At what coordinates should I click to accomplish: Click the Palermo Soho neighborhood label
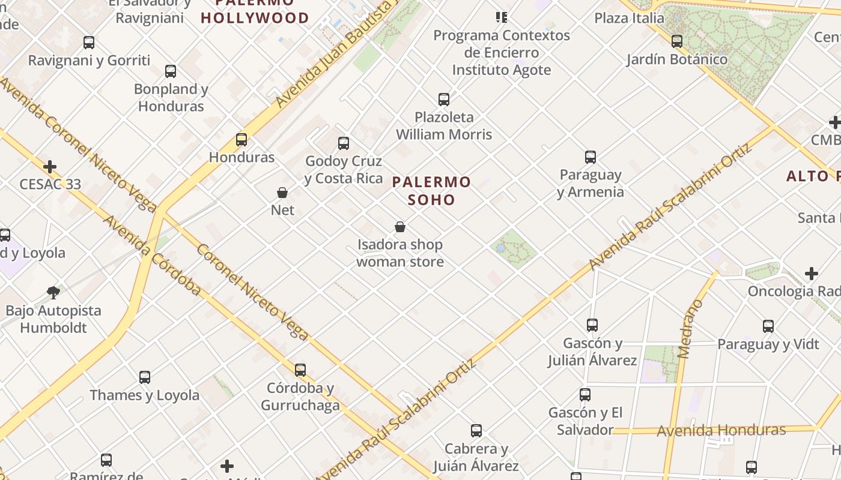(x=431, y=190)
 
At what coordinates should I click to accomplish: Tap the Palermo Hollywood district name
(x=255, y=12)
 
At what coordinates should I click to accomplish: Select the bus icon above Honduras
(x=241, y=140)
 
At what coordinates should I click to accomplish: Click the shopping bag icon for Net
(x=282, y=193)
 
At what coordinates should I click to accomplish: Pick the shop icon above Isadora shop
(x=400, y=227)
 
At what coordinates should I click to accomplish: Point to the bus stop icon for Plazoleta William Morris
(x=444, y=100)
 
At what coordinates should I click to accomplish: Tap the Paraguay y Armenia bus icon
(x=591, y=157)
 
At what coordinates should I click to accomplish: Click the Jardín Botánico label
(x=676, y=59)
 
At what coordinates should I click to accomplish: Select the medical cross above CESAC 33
(x=50, y=166)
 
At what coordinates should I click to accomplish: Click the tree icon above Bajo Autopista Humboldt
(x=53, y=293)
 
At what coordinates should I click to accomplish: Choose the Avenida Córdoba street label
(x=151, y=256)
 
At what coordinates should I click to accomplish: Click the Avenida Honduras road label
(x=721, y=430)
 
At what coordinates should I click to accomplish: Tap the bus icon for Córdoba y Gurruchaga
(x=300, y=370)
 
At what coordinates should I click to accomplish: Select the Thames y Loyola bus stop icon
(x=145, y=377)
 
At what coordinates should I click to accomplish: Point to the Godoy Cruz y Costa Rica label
(x=344, y=170)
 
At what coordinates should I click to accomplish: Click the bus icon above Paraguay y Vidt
(x=768, y=326)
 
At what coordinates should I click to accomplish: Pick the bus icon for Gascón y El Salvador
(x=585, y=395)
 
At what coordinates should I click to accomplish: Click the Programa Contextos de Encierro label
(x=502, y=53)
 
